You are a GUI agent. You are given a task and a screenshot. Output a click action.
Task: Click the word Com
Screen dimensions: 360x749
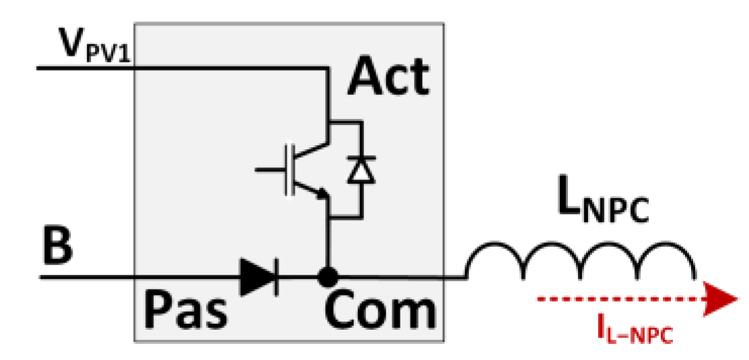(378, 310)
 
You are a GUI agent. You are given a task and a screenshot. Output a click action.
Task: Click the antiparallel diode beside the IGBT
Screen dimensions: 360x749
(361, 170)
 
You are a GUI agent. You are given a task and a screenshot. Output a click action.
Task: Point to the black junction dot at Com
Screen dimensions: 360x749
(328, 276)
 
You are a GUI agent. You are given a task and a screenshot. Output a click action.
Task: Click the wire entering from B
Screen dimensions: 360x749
(135, 277)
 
